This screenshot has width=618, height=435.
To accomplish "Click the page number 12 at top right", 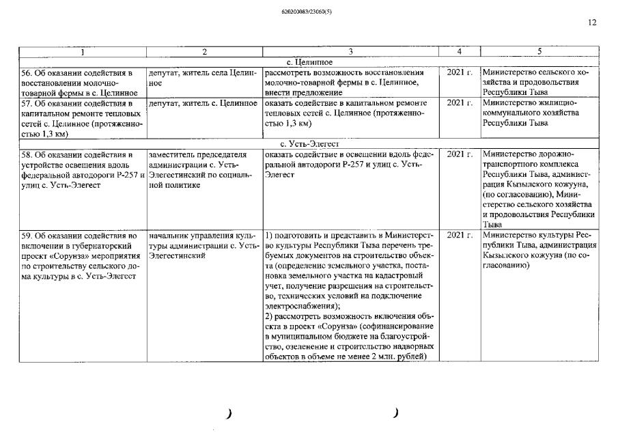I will click(591, 23).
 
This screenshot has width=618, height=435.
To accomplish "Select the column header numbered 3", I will click(350, 52).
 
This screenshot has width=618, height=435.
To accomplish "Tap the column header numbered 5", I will click(539, 52).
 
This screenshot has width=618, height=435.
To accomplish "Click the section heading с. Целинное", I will click(309, 62).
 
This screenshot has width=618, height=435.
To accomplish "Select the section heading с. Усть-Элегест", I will click(309, 144).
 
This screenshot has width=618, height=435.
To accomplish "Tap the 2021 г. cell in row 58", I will click(460, 154).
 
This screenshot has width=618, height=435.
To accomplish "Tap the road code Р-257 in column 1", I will click(128, 175).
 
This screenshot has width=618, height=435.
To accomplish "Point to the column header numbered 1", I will click(83, 52).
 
